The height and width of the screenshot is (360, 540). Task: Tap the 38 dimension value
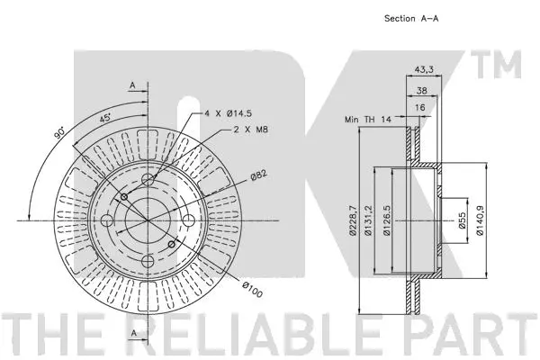click(421, 89)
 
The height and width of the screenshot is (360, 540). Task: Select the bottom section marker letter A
click(132, 334)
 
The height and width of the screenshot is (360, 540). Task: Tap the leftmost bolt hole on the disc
click(108, 220)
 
